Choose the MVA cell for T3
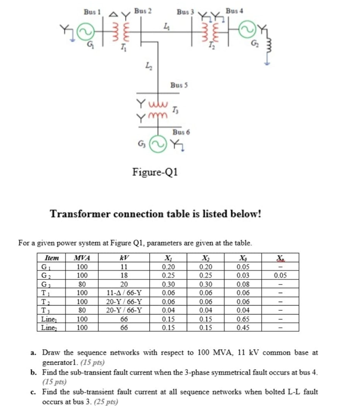point(81,310)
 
